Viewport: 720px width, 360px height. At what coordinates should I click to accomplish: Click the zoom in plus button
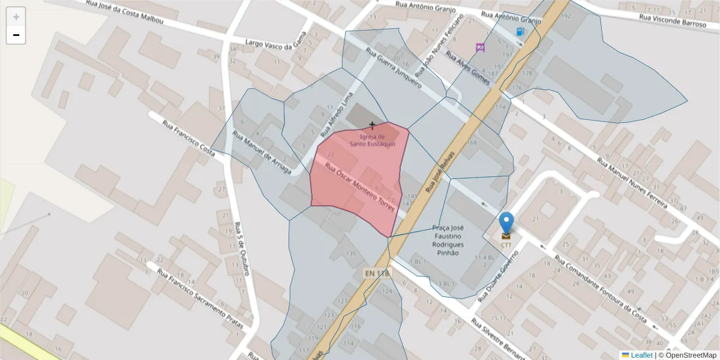16,17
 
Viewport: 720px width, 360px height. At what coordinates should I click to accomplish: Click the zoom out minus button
16,35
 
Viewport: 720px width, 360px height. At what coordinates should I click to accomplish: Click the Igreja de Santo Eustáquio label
373,140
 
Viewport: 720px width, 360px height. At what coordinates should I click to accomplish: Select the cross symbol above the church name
373,125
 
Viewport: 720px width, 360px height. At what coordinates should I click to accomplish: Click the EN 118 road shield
377,273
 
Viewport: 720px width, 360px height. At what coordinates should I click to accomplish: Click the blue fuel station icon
520,32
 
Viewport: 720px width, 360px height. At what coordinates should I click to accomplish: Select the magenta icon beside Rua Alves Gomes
480,47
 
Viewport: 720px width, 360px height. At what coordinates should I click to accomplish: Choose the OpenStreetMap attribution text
691,355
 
